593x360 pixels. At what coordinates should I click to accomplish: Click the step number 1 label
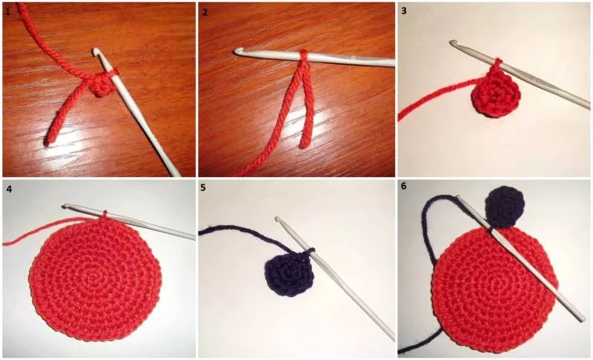point(8,12)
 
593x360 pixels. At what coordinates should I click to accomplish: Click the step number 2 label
point(205,12)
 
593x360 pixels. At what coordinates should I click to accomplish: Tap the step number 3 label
point(404,10)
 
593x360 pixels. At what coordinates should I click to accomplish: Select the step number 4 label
point(9,188)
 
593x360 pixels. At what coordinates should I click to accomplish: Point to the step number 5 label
point(203,187)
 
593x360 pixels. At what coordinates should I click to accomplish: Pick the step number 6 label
point(404,186)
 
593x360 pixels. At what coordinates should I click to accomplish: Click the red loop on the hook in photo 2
point(304,56)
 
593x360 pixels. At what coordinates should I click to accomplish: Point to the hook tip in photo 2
point(237,50)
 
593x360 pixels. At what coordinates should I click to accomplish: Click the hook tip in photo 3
point(453,43)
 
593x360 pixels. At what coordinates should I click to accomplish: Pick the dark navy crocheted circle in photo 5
point(289,273)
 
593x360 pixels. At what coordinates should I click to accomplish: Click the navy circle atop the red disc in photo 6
point(505,207)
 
